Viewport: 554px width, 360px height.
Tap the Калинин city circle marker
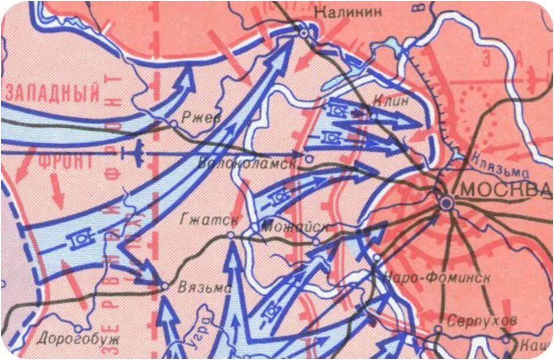pyautogui.click(x=303, y=34)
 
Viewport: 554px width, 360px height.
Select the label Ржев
pyautogui.click(x=201, y=118)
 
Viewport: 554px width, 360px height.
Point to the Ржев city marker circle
pyautogui.click(x=173, y=123)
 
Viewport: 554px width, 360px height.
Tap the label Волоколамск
pyautogui.click(x=247, y=163)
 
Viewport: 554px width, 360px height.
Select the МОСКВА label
pyautogui.click(x=504, y=189)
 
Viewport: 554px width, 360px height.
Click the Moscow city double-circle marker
pyautogui.click(x=446, y=203)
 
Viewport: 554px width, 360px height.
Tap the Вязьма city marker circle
pyautogui.click(x=165, y=286)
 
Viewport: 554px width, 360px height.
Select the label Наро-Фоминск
pyautogui.click(x=436, y=278)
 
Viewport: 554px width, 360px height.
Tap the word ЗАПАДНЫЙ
pyautogui.click(x=53, y=94)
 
